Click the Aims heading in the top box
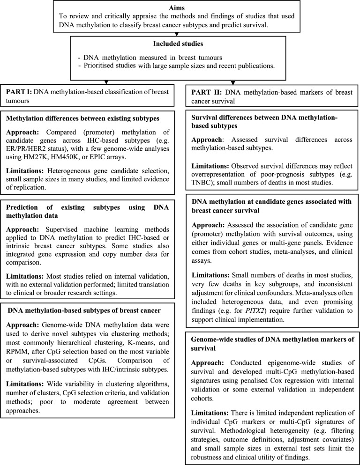tap(180, 8)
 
